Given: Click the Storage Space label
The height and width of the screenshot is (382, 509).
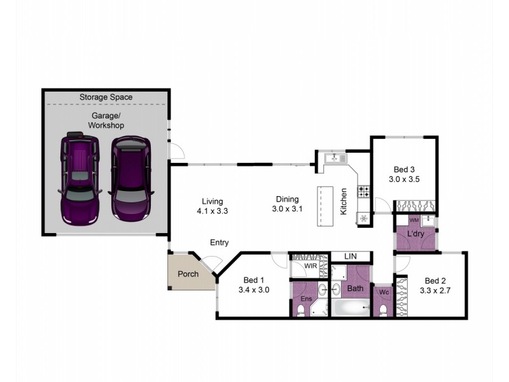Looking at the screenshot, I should click(x=106, y=97).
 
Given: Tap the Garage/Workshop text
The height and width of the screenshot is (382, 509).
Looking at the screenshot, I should click(x=106, y=120).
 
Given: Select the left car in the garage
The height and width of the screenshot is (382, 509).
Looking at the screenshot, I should click(x=80, y=178).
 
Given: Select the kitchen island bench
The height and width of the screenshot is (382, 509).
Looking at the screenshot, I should click(x=325, y=206).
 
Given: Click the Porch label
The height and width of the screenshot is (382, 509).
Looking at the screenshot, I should click(x=188, y=274).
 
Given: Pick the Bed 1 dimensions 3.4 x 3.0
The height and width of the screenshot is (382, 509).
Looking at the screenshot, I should click(x=254, y=290).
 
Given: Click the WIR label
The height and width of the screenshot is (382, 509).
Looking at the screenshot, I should click(x=310, y=265).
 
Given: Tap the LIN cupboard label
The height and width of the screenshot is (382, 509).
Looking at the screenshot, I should click(x=350, y=256).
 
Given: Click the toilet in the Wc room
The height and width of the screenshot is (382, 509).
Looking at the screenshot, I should click(x=383, y=309).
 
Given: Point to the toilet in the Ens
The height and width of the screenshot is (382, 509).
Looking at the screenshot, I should click(x=301, y=310).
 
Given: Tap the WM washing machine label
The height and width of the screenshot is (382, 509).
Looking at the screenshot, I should click(x=414, y=220).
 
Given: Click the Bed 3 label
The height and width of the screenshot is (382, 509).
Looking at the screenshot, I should click(x=404, y=169).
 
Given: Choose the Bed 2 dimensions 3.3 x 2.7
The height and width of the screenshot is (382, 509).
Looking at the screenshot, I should click(x=435, y=290).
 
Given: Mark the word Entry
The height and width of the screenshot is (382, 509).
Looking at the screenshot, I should click(x=220, y=243).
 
